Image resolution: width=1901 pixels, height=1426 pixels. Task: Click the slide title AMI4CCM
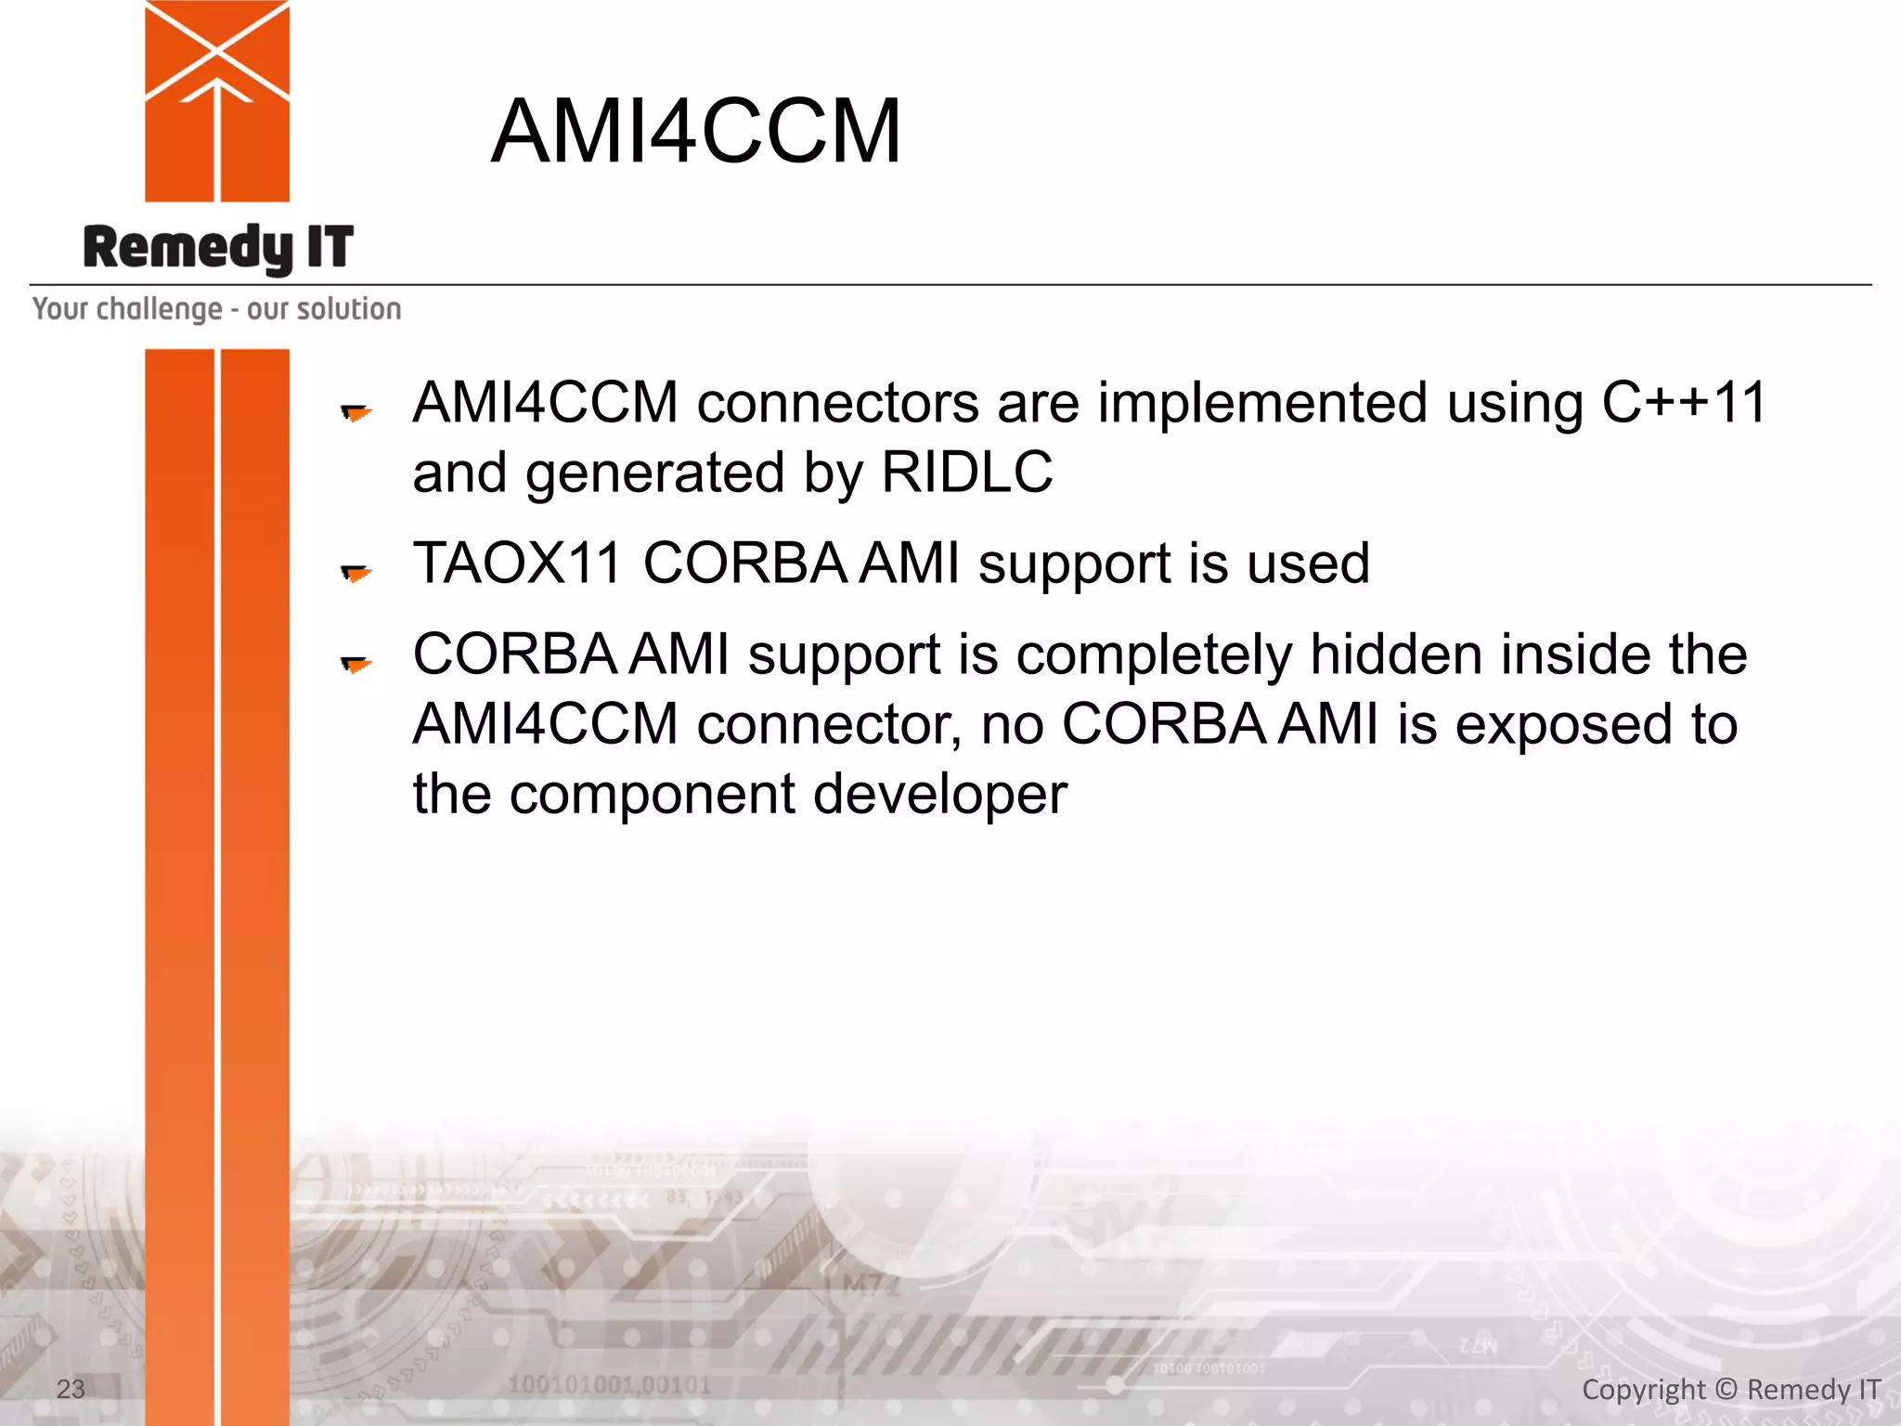pos(695,132)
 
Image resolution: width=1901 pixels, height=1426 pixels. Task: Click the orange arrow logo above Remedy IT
pos(217,100)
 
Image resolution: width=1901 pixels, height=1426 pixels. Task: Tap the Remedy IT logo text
pos(218,248)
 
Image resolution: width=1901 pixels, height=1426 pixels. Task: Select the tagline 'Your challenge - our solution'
pos(217,309)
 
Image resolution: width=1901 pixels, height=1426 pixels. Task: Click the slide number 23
pos(71,1389)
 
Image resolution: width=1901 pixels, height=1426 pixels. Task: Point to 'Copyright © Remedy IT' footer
pos(1730,1390)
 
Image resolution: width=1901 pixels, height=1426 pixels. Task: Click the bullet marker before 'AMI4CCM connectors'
pos(356,411)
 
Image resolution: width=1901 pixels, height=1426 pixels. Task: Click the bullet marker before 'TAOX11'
pos(356,572)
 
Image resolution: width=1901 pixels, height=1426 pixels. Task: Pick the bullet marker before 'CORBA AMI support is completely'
pos(356,663)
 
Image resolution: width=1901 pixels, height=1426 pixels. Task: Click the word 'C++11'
pos(1684,403)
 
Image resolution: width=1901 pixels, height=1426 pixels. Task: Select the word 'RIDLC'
pos(966,473)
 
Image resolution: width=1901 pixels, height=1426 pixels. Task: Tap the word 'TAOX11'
pos(517,564)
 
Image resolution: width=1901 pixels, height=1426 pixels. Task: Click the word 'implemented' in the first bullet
pos(1262,403)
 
